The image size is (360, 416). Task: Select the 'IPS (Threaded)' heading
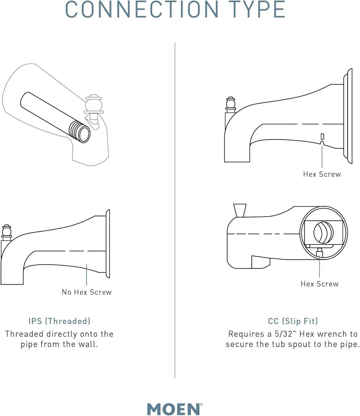[59, 321]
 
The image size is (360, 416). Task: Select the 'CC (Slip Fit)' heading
[293, 321]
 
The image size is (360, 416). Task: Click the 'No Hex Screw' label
[87, 292]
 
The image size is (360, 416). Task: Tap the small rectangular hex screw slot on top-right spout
[322, 136]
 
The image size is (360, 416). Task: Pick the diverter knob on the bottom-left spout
[7, 232]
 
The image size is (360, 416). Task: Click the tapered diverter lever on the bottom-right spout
[240, 210]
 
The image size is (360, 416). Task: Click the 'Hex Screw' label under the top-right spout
[322, 174]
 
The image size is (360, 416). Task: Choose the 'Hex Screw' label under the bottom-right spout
[319, 284]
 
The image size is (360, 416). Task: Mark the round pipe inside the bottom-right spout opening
[323, 232]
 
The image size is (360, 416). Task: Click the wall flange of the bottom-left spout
[108, 244]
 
